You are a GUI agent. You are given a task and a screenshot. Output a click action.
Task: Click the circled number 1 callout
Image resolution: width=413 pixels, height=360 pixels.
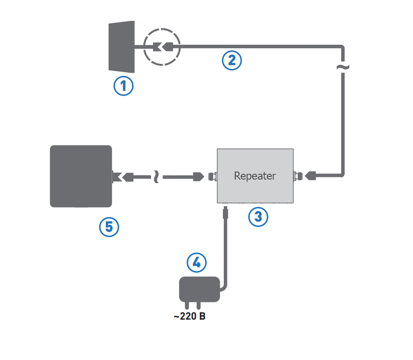pos(124,86)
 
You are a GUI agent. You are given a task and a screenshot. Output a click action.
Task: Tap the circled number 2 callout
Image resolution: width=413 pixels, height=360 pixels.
pos(232,60)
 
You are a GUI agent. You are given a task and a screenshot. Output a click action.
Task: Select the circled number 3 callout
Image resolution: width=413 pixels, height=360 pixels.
pos(258,216)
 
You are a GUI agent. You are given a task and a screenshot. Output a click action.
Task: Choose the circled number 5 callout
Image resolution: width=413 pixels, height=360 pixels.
pos(109,227)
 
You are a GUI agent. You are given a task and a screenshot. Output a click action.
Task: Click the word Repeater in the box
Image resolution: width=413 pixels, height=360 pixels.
pos(255,176)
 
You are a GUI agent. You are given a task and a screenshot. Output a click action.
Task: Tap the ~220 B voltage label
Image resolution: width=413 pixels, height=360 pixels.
pos(189,317)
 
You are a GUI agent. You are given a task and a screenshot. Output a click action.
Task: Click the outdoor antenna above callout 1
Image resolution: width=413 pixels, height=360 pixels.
pos(121,46)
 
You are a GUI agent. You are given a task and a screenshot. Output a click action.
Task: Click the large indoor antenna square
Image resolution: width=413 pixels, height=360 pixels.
pos(81,176)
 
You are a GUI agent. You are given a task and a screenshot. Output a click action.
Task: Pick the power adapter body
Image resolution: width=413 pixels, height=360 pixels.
pos(199,289)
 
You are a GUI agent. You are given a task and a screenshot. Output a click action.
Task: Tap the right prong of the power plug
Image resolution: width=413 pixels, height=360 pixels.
pos(199,306)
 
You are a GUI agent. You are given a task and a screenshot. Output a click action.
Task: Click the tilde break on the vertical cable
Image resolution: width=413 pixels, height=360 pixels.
pos(343,67)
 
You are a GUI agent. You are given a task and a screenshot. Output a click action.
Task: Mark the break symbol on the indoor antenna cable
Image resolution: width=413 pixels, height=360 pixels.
pos(156,177)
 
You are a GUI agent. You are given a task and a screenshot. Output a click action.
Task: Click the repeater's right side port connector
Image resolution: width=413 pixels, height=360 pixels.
pos(296,176)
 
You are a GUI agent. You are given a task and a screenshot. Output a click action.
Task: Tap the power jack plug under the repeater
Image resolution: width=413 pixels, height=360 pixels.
pos(225,214)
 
